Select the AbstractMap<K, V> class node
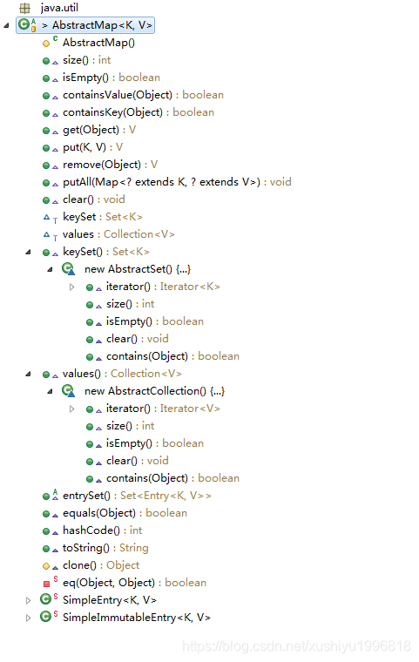pyautogui.click(x=98, y=25)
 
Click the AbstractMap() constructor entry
pyautogui.click(x=98, y=43)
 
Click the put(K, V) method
pyautogui.click(x=83, y=147)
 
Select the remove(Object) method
pyautogui.click(x=101, y=165)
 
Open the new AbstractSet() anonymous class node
pyautogui.click(x=137, y=269)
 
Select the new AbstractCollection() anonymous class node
pyautogui.click(x=154, y=391)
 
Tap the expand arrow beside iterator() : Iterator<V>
pyautogui.click(x=72, y=409)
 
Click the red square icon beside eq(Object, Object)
pyautogui.click(x=46, y=583)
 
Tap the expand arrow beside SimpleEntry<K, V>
pyautogui.click(x=28, y=600)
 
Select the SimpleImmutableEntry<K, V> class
pyautogui.click(x=136, y=618)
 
